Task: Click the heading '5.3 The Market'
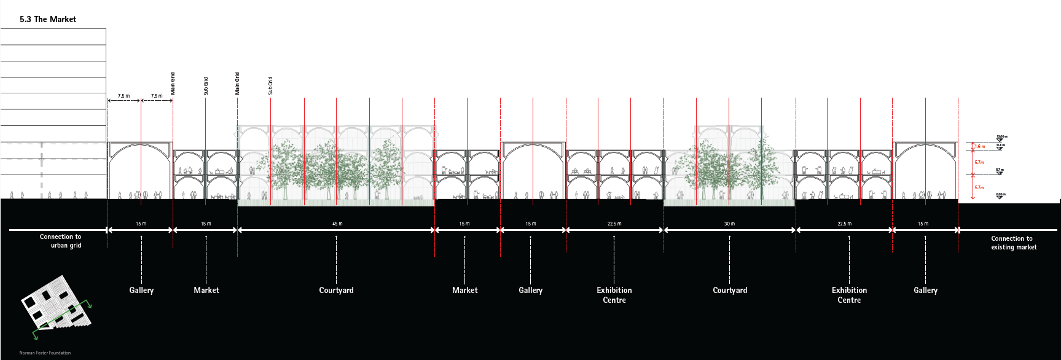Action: click(x=48, y=20)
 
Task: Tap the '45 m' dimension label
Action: click(x=337, y=224)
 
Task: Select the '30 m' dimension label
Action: click(x=729, y=224)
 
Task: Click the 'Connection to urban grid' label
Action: click(x=61, y=241)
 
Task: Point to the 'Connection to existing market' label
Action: click(x=1013, y=243)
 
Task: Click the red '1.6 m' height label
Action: click(x=980, y=147)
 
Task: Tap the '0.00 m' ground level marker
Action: click(x=1000, y=195)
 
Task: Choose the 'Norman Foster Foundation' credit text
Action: click(x=45, y=353)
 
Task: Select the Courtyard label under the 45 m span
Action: click(x=336, y=291)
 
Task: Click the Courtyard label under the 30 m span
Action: click(x=730, y=291)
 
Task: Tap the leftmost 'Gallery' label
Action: click(x=141, y=291)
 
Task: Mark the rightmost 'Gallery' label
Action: click(x=925, y=291)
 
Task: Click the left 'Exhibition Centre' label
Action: click(x=614, y=295)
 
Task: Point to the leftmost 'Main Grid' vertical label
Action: click(x=173, y=83)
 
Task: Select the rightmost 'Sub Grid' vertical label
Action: click(x=270, y=85)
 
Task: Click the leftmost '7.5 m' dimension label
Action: click(x=124, y=96)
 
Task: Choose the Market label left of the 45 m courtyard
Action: click(x=206, y=291)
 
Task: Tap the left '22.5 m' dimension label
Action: click(x=614, y=224)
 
